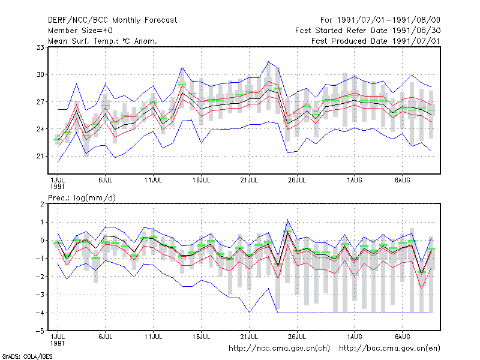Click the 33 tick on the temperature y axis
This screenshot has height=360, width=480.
(40, 47)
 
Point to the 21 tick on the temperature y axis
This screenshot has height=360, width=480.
(40, 156)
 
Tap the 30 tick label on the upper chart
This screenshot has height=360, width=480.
(40, 74)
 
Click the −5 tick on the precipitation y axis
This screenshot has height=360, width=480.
(40, 331)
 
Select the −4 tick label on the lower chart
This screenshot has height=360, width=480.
(40, 313)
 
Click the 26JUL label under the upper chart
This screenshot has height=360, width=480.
(297, 180)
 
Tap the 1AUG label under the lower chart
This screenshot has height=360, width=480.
(355, 337)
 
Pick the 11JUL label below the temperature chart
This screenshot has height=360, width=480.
(153, 180)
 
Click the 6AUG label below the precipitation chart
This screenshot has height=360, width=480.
(402, 337)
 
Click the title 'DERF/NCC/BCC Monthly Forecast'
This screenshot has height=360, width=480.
(112, 20)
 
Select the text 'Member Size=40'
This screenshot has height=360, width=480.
(80, 31)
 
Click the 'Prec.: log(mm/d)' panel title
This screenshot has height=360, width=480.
(82, 198)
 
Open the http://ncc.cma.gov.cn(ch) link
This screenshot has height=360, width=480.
(279, 349)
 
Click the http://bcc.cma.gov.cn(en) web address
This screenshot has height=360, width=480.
(389, 349)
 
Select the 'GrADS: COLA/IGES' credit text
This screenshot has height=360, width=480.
(28, 356)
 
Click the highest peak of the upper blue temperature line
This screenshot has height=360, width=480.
(268, 62)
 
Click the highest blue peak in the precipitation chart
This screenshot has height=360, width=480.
(287, 220)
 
